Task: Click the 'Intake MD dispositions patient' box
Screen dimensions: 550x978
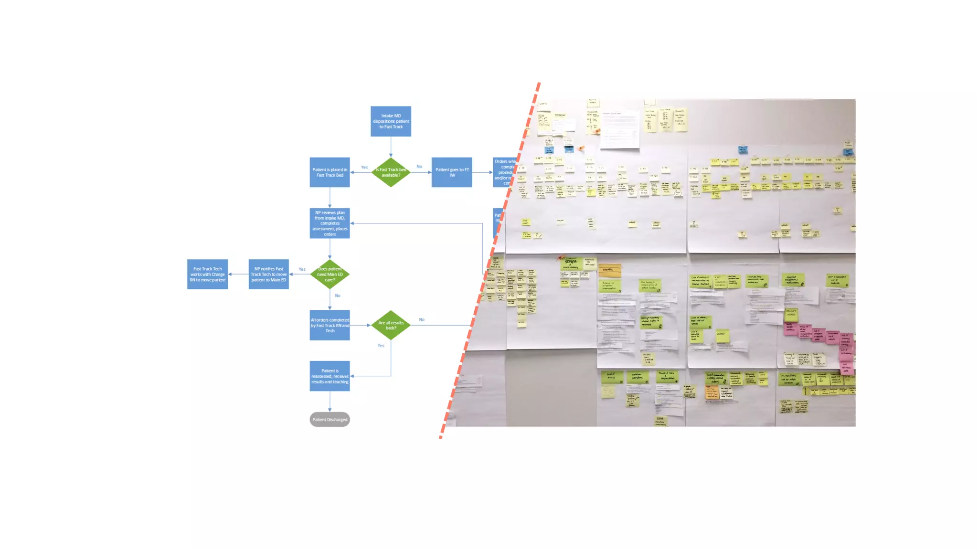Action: click(391, 121)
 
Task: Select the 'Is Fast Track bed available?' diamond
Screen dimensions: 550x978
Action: click(391, 172)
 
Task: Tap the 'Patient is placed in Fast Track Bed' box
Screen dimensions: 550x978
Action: click(330, 172)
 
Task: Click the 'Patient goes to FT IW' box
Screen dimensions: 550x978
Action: click(452, 172)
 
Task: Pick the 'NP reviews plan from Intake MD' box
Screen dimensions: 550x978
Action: click(330, 223)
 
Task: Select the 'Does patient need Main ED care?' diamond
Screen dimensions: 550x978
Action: click(330, 274)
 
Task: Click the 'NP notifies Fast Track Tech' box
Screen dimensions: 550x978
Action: click(269, 274)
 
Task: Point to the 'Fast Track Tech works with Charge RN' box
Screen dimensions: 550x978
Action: click(207, 274)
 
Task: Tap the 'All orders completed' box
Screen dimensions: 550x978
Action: click(330, 325)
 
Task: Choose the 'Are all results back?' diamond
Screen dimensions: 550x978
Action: click(391, 325)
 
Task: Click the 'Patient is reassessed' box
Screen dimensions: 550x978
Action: click(330, 376)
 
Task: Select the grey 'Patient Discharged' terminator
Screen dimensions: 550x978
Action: click(330, 420)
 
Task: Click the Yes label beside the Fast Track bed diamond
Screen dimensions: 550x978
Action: click(364, 167)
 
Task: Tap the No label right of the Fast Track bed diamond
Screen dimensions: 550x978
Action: click(419, 167)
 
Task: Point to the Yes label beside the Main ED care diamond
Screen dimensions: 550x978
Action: click(302, 269)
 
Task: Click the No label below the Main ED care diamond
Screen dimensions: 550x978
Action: click(338, 296)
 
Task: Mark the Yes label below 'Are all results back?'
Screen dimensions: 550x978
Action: click(381, 346)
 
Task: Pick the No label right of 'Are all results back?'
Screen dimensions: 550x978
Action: click(422, 319)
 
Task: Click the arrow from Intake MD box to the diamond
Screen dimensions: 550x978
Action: click(391, 147)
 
